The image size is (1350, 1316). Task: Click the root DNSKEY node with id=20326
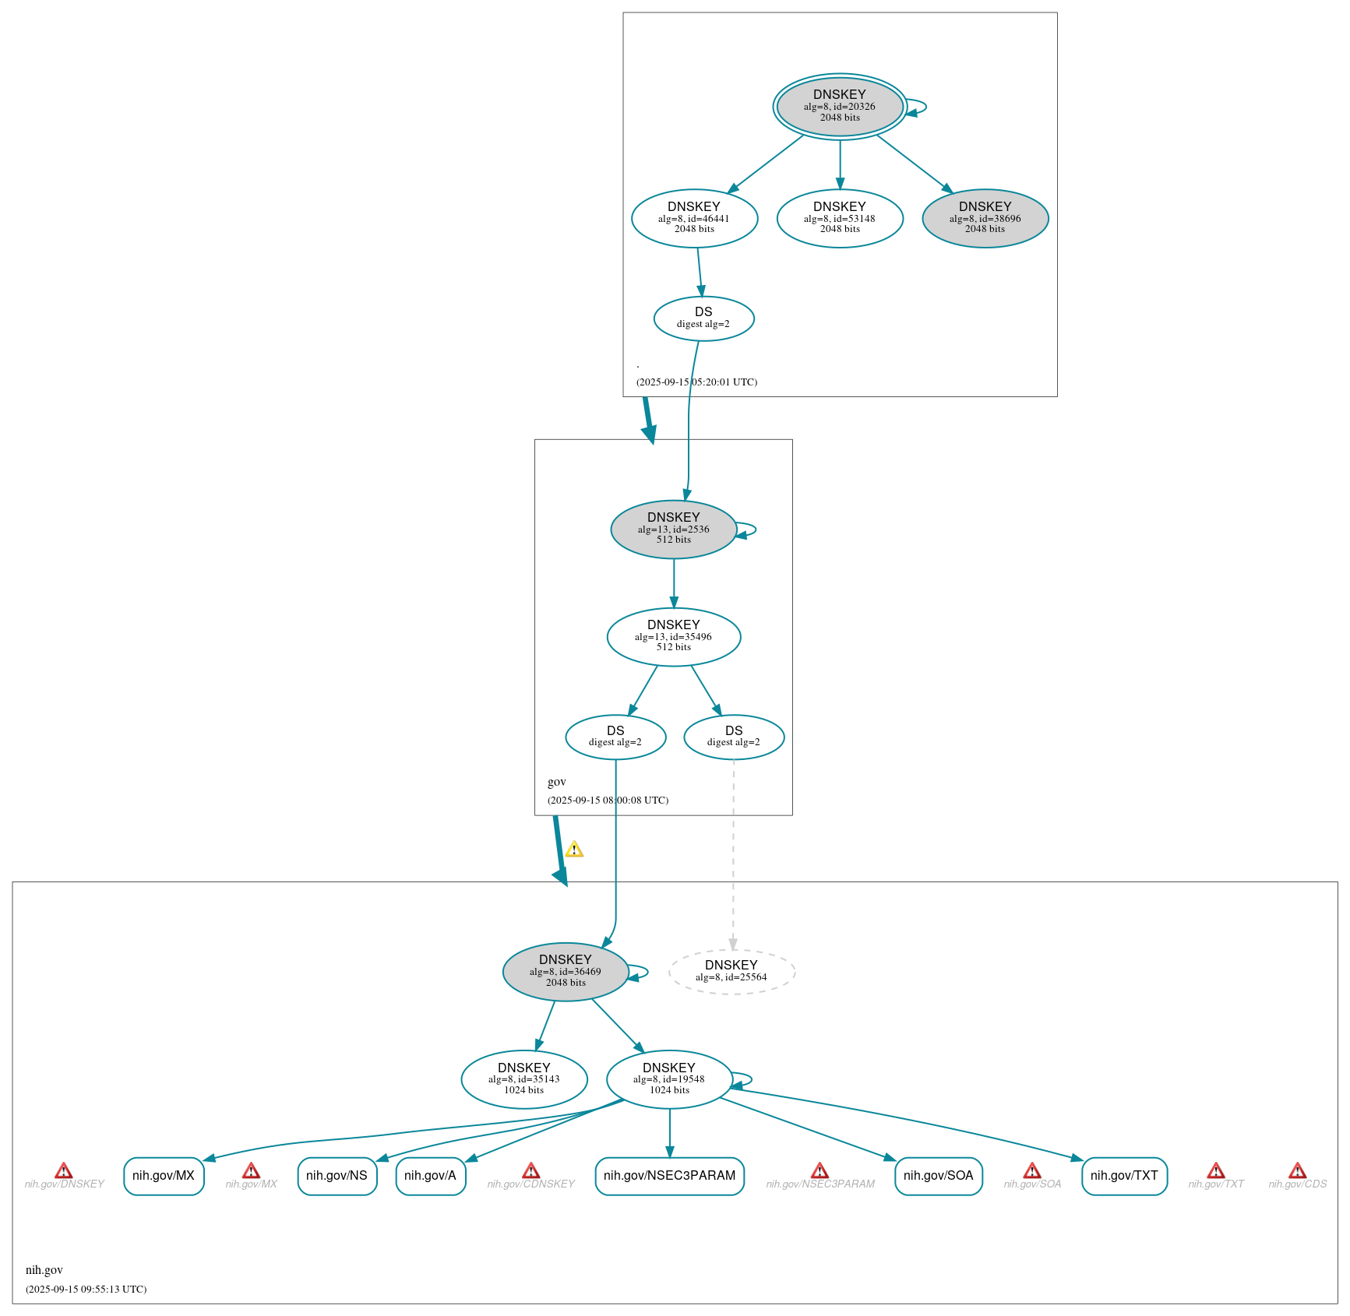(840, 107)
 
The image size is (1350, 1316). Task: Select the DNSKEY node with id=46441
(694, 218)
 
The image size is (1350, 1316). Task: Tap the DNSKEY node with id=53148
(840, 218)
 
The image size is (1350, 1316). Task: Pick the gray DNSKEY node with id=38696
(985, 218)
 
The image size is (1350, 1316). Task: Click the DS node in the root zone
(703, 318)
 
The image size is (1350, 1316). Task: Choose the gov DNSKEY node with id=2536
(673, 529)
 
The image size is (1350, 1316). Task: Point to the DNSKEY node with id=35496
(673, 636)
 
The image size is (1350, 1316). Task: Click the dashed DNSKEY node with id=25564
(731, 971)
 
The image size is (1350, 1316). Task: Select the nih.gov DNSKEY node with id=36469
(566, 971)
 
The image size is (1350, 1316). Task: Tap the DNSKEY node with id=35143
(523, 1078)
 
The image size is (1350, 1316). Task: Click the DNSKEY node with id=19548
(669, 1078)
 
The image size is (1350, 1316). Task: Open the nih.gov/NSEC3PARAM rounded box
(669, 1175)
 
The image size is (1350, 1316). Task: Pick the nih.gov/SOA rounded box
(938, 1175)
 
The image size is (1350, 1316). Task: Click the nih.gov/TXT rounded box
(1124, 1175)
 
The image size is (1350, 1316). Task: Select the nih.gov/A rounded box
(430, 1175)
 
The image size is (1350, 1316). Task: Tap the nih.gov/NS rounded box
(337, 1175)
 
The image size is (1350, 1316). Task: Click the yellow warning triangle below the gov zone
(574, 850)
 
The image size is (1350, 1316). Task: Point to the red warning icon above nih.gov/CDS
(1297, 1170)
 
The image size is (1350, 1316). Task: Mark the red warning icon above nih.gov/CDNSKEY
(530, 1170)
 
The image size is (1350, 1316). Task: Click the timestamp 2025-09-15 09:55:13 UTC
(86, 1289)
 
